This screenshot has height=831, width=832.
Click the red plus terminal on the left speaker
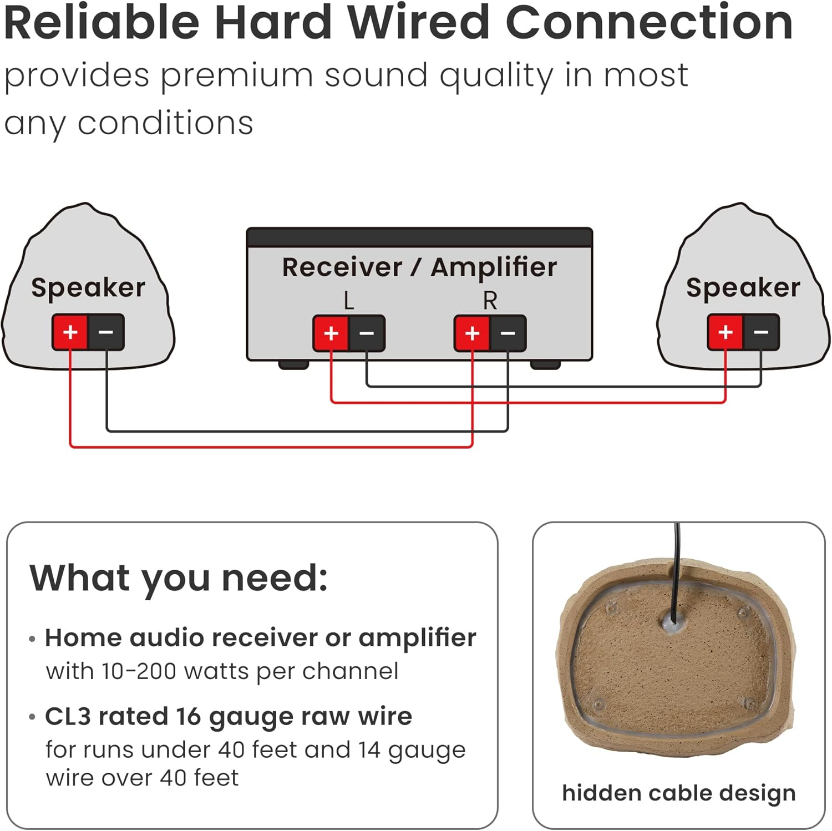click(70, 332)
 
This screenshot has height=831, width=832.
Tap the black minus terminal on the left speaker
click(106, 332)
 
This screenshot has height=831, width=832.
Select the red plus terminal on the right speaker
click(726, 332)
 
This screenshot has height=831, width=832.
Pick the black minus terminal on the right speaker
click(761, 332)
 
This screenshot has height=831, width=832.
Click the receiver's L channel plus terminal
click(331, 333)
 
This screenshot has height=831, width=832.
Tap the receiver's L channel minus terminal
click(367, 333)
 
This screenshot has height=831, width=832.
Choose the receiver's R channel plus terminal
click(472, 333)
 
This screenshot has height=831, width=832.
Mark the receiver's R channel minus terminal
click(508, 333)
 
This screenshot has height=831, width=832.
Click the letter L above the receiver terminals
click(348, 301)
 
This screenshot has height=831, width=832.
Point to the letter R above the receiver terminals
click(490, 301)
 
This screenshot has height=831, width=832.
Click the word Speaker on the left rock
click(88, 287)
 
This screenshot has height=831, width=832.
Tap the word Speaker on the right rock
click(743, 287)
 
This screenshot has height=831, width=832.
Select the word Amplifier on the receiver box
click(494, 267)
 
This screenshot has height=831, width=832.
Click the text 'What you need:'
click(179, 578)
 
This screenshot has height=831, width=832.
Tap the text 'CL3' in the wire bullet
click(68, 716)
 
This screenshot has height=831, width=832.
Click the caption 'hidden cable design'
click(678, 793)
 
